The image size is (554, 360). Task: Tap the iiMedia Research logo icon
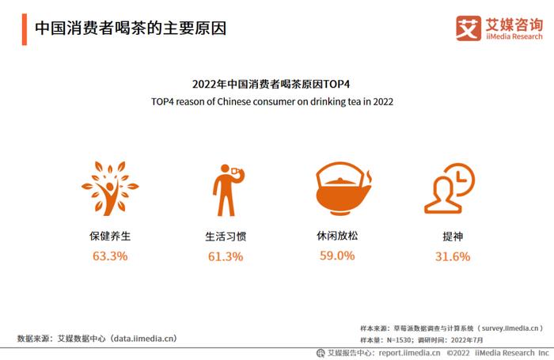click(468, 28)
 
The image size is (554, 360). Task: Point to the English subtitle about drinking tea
click(272, 102)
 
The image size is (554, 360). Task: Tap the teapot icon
click(343, 188)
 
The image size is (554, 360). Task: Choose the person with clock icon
click(449, 188)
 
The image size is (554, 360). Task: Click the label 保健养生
click(110, 236)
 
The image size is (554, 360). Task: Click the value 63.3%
click(110, 256)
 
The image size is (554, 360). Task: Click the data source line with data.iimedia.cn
click(97, 339)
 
